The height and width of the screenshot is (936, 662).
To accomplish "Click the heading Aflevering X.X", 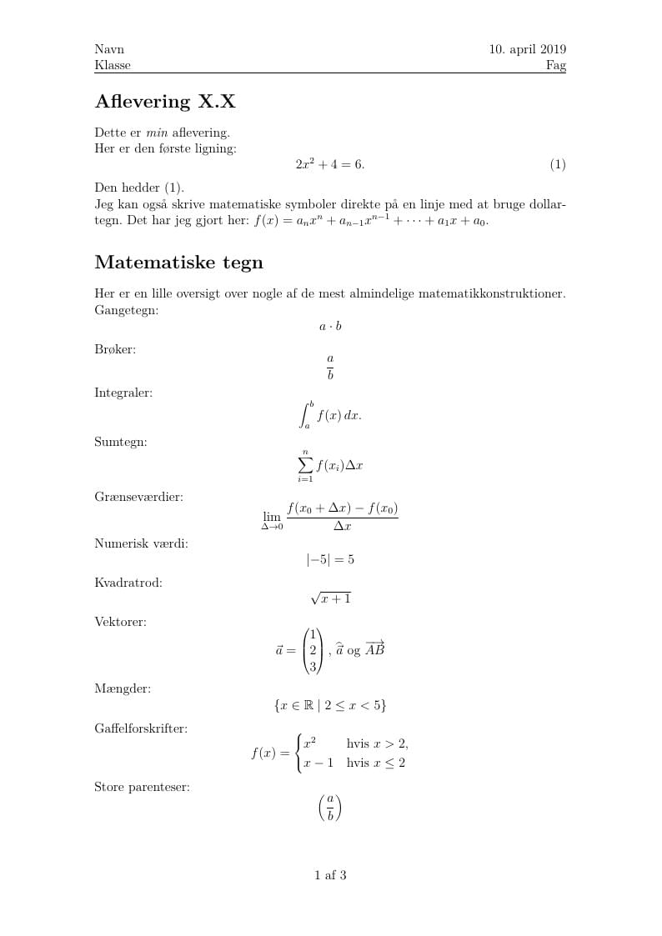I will (165, 103).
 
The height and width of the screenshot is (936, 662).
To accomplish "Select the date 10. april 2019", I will (527, 50).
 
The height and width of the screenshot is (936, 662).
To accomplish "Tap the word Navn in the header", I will (109, 50).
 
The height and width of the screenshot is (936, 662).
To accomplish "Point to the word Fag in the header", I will (556, 65).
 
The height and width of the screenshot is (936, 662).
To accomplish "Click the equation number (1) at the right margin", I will (558, 165).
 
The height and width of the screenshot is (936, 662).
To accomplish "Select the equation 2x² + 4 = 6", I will (330, 165).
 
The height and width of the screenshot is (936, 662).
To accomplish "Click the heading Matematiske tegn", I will (178, 263).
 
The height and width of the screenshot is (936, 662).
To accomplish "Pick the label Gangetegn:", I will (127, 310).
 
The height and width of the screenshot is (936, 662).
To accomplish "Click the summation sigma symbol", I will (305, 466).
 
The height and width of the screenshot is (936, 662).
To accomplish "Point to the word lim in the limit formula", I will (272, 517).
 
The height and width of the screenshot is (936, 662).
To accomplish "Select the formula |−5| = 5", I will (330, 559).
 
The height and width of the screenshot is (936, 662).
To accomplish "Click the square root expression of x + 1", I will (331, 598).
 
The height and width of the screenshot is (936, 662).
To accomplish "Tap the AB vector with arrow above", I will (375, 649).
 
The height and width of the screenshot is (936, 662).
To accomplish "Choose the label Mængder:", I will (123, 688).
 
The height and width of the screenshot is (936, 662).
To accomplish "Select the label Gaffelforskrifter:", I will (140, 728).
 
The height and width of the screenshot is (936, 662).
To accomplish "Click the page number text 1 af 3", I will (330, 875).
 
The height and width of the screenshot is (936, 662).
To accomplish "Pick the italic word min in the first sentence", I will (157, 133).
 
